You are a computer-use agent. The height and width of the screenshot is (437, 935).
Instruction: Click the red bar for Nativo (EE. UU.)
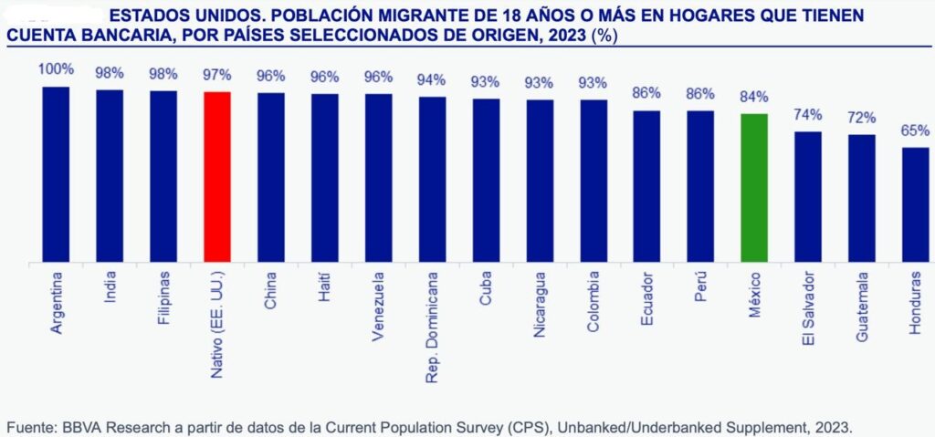pyautogui.click(x=216, y=177)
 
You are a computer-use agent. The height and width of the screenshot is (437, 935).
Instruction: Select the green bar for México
pyautogui.click(x=753, y=188)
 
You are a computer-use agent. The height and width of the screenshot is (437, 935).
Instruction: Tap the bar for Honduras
pyautogui.click(x=915, y=205)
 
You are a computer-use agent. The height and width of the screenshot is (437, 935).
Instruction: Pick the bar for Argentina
pyautogui.click(x=56, y=174)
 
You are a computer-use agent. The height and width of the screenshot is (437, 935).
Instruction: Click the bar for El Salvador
pyautogui.click(x=807, y=197)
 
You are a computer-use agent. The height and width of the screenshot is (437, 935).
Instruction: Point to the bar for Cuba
pyautogui.click(x=486, y=181)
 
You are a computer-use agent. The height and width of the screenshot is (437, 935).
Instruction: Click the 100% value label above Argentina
pyautogui.click(x=56, y=69)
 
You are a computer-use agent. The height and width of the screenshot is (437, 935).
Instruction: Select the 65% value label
pyautogui.click(x=915, y=130)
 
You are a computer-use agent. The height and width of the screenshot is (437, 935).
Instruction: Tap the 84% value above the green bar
pyautogui.click(x=753, y=97)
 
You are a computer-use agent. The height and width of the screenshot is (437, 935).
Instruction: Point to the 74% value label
pyautogui.click(x=807, y=115)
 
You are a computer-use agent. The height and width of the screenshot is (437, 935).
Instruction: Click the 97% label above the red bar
pyautogui.click(x=216, y=75)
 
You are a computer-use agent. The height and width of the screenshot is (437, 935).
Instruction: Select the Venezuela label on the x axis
pyautogui.click(x=378, y=306)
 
